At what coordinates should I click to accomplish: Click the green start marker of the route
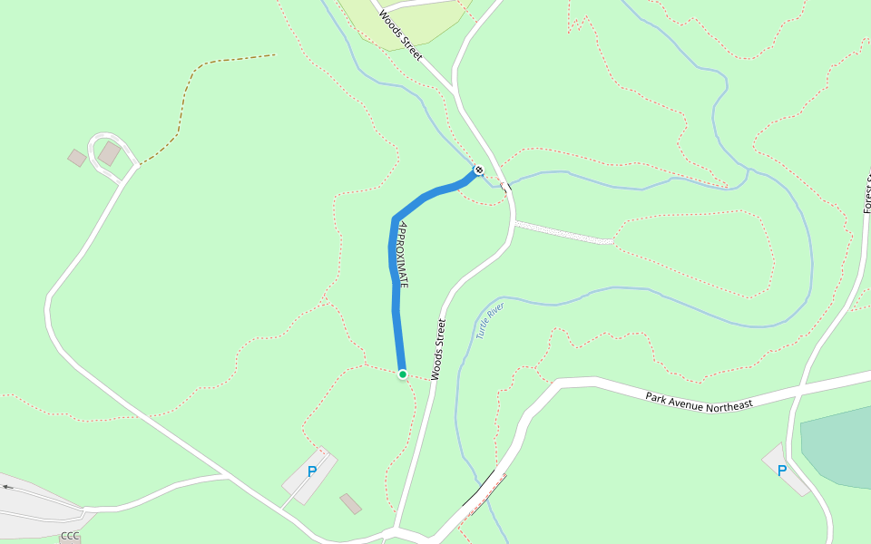tap(402, 374)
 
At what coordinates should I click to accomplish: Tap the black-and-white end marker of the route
tap(479, 170)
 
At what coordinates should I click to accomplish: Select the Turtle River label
tap(489, 322)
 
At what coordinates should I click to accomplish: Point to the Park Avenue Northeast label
tap(699, 400)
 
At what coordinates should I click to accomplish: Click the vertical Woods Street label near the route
tap(439, 349)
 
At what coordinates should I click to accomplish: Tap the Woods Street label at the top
tap(401, 35)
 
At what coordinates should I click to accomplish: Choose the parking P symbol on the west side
tap(312, 471)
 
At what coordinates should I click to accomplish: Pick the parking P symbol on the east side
tap(782, 471)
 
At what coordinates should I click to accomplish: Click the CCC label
tap(70, 537)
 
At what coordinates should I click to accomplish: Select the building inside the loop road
tap(110, 153)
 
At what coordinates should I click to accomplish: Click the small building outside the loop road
tap(77, 158)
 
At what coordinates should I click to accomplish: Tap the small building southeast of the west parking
tap(350, 503)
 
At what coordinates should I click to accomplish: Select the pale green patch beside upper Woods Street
tap(399, 23)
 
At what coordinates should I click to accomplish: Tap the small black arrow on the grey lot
tap(8, 487)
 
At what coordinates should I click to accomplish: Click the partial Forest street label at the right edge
tap(866, 195)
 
